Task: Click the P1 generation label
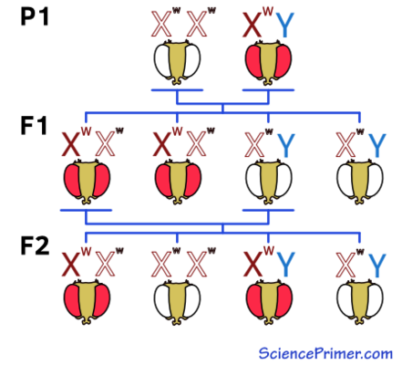click(35, 16)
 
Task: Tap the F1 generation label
click(34, 125)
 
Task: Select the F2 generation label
click(35, 245)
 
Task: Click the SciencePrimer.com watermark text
click(325, 353)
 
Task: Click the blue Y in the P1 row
click(285, 25)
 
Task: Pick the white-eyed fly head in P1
click(177, 62)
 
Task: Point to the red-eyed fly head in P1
click(268, 62)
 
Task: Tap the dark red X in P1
click(253, 25)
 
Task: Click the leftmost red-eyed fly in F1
click(87, 182)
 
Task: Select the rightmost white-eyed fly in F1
click(360, 182)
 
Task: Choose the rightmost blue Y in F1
click(376, 145)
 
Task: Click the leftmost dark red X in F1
click(71, 144)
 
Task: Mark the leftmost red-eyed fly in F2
click(87, 302)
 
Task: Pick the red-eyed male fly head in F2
click(268, 302)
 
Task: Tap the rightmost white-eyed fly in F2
click(360, 302)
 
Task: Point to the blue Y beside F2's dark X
click(285, 265)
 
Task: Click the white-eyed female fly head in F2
click(177, 302)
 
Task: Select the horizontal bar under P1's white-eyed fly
click(177, 90)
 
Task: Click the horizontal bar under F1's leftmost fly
click(87, 210)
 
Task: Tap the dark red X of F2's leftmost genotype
click(71, 265)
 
